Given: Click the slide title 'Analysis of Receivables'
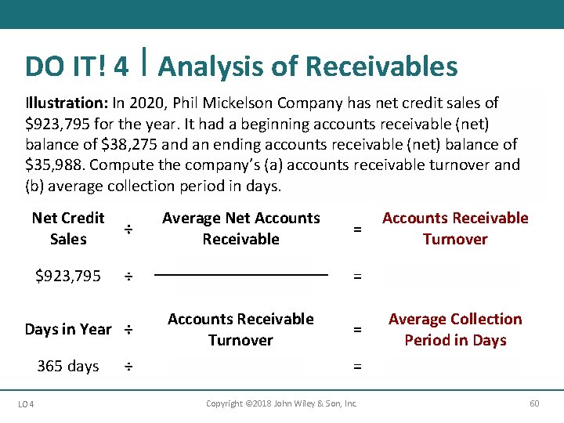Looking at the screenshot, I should click(x=308, y=67).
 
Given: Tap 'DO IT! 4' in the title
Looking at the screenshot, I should click(x=77, y=67).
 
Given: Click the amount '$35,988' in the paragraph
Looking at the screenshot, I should click(x=54, y=165).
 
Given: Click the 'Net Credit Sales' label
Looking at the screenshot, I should click(x=68, y=228).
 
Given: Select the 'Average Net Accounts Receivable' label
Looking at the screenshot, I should click(x=240, y=228).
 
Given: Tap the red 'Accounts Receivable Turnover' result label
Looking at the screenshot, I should click(x=455, y=228).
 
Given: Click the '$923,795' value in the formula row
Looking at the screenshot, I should click(x=68, y=276).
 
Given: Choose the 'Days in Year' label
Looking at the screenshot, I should click(x=68, y=329).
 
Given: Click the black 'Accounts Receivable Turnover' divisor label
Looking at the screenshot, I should click(x=240, y=329).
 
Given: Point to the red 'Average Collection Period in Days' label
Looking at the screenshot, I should click(x=455, y=329).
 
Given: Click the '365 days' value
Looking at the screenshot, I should click(x=68, y=366).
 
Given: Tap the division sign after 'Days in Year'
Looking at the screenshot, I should click(x=128, y=329).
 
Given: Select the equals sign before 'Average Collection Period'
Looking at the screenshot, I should click(x=357, y=330).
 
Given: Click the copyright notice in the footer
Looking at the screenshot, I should click(x=281, y=403).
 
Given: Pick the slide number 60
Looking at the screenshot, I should click(x=534, y=403).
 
